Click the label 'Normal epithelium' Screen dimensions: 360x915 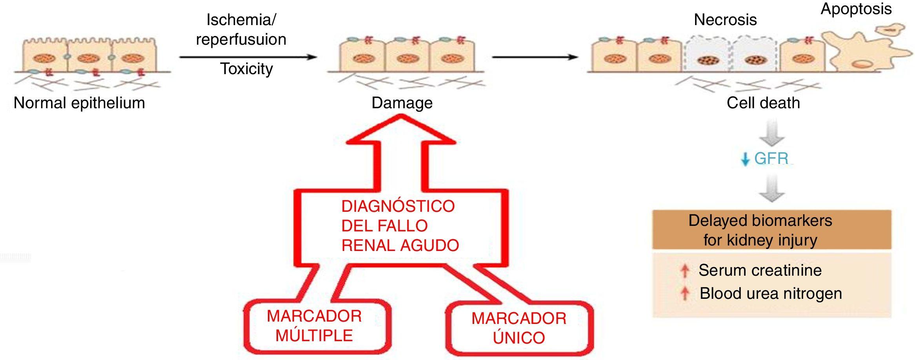(79, 103)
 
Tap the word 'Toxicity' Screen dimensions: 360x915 (246, 69)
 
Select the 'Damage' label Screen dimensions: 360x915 (402, 103)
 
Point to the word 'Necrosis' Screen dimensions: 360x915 (725, 20)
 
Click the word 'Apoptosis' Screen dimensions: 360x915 (856, 9)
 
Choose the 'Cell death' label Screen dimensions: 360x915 (763, 103)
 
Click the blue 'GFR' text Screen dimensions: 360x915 (771, 158)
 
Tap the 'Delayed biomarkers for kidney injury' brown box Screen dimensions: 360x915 (771, 230)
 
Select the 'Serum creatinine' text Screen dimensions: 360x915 (760, 271)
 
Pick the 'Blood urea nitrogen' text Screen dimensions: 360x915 (771, 294)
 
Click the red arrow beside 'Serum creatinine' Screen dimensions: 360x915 (685, 271)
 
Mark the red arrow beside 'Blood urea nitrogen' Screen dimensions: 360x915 (685, 293)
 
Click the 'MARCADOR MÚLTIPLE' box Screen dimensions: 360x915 (314, 326)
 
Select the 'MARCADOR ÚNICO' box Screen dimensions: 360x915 (518, 328)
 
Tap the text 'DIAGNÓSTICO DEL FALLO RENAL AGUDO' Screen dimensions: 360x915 (400, 226)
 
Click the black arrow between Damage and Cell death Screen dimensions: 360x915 (535, 57)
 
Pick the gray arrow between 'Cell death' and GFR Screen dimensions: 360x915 (771, 134)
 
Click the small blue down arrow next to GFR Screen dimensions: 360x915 (745, 160)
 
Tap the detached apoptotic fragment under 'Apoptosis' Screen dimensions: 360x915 (890, 29)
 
